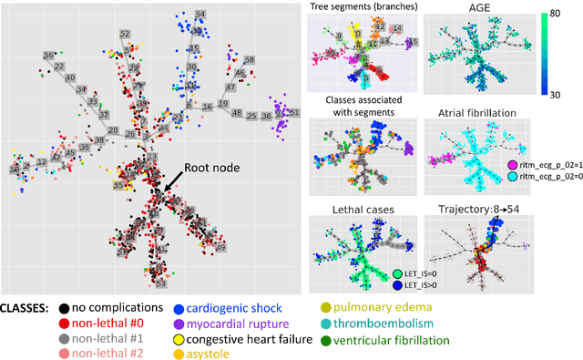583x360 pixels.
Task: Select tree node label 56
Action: point(48,57)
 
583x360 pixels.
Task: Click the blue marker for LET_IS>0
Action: point(398,285)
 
